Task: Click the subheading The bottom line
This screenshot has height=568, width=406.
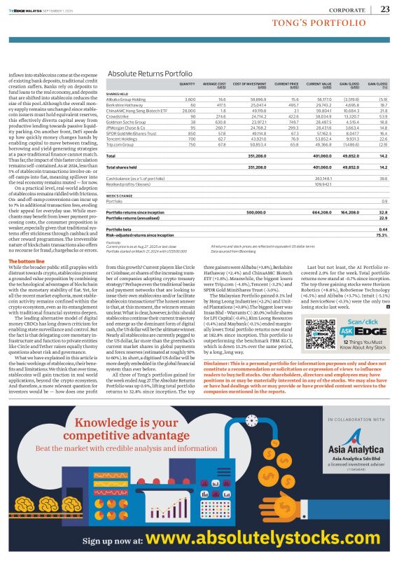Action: click(28, 261)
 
